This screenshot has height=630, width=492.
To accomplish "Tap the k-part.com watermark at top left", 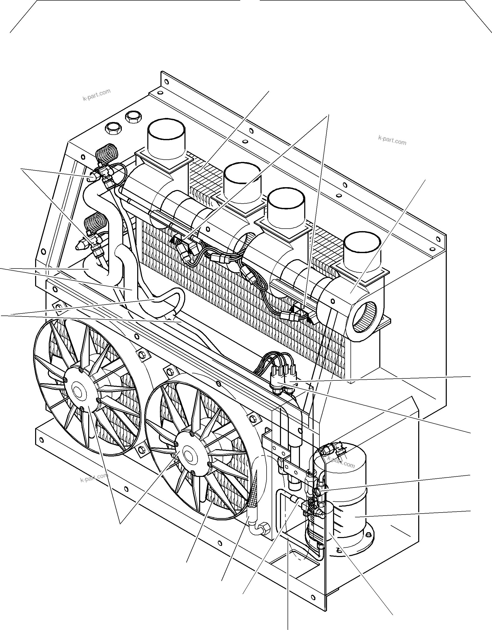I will [97, 95].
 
